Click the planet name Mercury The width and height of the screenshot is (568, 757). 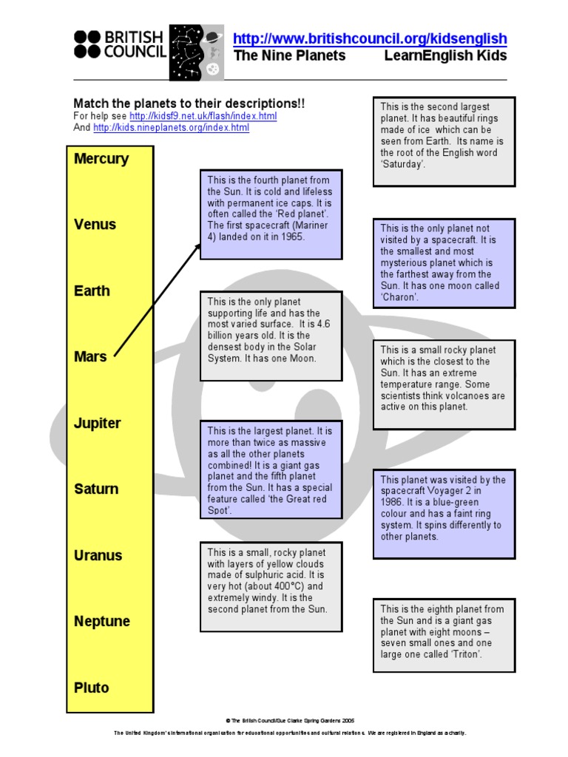coord(101,159)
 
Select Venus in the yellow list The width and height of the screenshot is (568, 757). coord(95,225)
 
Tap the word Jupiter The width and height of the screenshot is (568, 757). coord(97,424)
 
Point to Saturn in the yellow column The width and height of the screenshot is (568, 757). coord(96,489)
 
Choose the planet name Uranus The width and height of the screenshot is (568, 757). coord(98,556)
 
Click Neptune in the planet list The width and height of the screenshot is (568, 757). coord(101,622)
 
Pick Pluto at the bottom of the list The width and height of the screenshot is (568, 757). coord(91,688)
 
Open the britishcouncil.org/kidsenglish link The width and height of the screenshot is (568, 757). coord(370,39)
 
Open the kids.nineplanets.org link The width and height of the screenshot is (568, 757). coord(171,128)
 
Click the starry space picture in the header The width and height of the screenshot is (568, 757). coord(195,52)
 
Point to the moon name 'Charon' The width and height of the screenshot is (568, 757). coord(399,297)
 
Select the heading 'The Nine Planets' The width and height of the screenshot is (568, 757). coord(289,56)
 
